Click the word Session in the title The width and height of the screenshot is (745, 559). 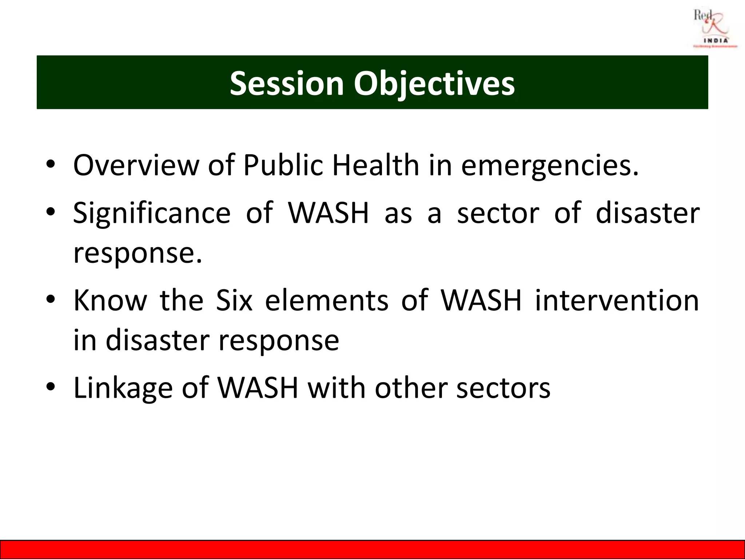[287, 83]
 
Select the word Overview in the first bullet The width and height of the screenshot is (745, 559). [136, 166]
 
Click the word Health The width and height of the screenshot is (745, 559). [376, 166]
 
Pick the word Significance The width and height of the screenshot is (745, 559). [152, 213]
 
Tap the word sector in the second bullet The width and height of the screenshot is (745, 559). [498, 214]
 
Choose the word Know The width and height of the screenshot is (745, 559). [110, 301]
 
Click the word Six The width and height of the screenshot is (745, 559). [234, 301]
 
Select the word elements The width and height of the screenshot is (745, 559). [327, 301]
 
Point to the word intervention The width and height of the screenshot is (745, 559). [617, 301]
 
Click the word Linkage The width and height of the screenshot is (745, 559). [123, 389]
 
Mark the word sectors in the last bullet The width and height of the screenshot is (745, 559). [503, 388]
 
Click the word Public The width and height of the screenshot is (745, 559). [283, 166]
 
